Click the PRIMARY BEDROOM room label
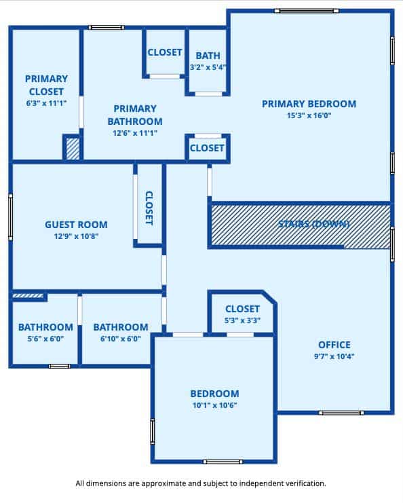click(309, 104)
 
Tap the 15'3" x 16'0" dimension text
click(309, 115)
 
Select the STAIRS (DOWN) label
click(313, 224)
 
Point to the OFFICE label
click(334, 345)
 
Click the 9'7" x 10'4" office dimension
click(334, 356)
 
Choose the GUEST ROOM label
click(76, 225)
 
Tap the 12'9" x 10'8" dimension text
click(76, 236)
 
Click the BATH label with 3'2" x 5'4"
click(208, 56)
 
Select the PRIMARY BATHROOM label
click(135, 115)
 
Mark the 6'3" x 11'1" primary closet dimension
click(46, 103)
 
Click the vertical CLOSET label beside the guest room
click(149, 208)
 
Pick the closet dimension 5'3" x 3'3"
click(242, 320)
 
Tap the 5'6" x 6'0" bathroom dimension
click(45, 339)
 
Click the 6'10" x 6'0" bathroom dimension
click(121, 339)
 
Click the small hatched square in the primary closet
click(73, 149)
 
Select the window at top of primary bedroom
click(307, 11)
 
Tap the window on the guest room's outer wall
click(11, 217)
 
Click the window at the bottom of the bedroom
click(223, 462)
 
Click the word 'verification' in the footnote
click(306, 483)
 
